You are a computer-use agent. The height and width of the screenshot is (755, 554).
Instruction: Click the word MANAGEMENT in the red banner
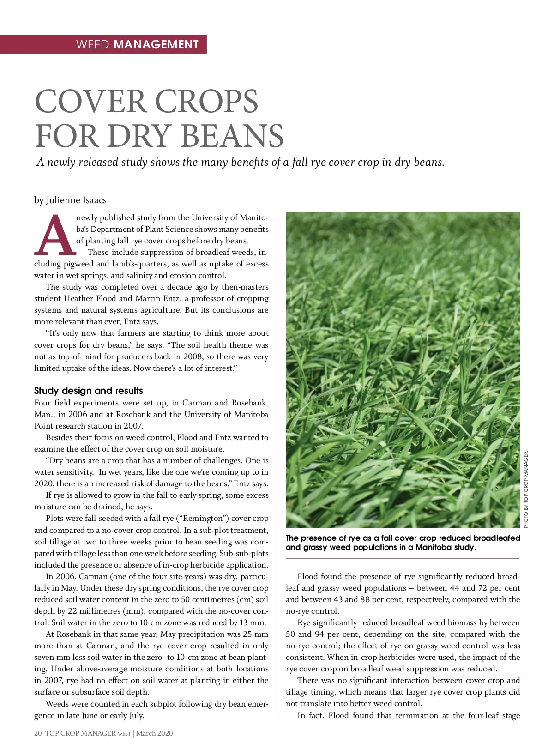[156, 44]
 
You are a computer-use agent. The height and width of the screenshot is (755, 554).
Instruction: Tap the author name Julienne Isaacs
[76, 200]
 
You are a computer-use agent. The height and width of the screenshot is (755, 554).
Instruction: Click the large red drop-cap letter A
[54, 236]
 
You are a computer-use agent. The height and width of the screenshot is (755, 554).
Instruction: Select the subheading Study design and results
[89, 391]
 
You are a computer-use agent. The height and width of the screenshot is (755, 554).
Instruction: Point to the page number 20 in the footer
[38, 733]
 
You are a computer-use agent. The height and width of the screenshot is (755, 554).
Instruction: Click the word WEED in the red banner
[92, 44]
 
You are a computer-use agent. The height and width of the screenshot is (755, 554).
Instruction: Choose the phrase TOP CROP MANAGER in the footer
[80, 733]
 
